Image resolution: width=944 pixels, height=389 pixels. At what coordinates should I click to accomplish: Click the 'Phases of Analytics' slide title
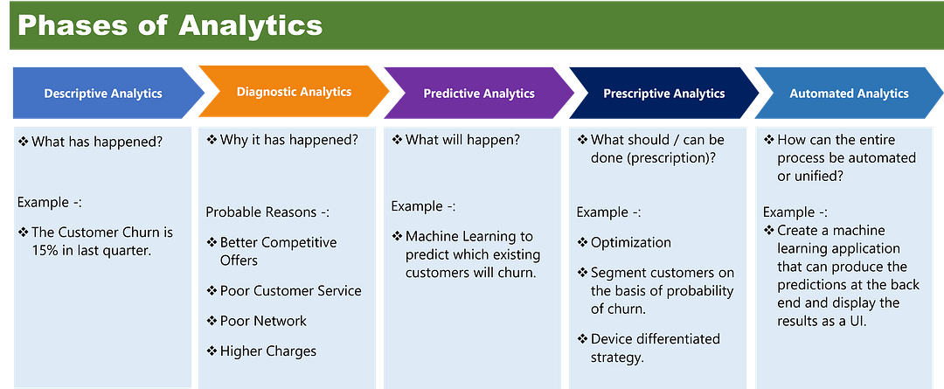pos(170,26)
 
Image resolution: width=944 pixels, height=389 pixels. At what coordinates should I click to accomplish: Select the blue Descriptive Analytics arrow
pos(108,94)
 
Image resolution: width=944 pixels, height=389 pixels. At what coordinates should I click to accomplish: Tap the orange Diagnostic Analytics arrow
pos(294,92)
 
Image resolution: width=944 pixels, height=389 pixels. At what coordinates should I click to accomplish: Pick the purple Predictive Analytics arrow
pos(479,94)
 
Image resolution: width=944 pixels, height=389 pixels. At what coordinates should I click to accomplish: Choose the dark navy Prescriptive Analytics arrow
pos(664,94)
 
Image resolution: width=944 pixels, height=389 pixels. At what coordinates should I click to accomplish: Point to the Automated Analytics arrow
pos(849,94)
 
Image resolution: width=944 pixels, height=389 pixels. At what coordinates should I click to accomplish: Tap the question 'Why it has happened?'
pos(289,141)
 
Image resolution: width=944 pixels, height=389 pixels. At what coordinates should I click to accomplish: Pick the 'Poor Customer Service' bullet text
pos(291,291)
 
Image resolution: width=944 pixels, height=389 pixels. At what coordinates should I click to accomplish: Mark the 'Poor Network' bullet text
pos(263,321)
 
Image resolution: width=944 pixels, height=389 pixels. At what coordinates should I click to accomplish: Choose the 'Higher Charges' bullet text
pos(268,351)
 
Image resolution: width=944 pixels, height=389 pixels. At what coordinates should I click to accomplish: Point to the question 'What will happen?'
pos(463,141)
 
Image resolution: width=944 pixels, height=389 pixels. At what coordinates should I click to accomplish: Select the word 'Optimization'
pos(631,243)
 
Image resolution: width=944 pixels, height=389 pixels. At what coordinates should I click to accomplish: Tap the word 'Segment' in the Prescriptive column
pos(617,274)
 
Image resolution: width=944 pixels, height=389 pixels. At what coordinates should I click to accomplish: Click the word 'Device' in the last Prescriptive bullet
pos(610,339)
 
